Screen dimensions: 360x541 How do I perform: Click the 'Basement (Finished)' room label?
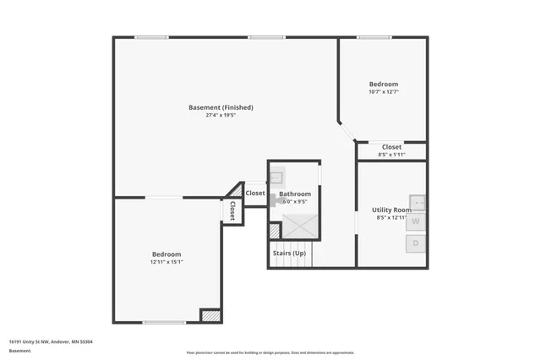(x=221, y=107)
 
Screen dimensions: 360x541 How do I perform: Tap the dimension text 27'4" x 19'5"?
(x=221, y=116)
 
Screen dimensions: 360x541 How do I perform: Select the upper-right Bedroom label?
(x=383, y=84)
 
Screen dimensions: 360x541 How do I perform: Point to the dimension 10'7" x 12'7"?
(x=383, y=92)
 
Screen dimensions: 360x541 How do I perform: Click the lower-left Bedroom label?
(x=166, y=254)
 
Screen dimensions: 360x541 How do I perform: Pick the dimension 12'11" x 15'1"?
(x=166, y=263)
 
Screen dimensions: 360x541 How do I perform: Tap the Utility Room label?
(x=391, y=210)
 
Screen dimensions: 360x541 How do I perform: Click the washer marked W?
(x=417, y=221)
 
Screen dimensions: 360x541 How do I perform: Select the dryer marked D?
(x=417, y=244)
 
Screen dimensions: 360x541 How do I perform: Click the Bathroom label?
(x=295, y=194)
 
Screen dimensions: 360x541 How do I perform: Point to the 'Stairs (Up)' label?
(x=289, y=254)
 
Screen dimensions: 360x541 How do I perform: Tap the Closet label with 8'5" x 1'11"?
(x=391, y=147)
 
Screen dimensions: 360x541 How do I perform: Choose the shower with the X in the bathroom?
(x=298, y=226)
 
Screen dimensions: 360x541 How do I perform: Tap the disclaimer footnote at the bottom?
(x=270, y=352)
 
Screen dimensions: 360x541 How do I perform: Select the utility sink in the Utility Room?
(x=416, y=201)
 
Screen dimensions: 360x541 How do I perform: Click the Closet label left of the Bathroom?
(x=255, y=193)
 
